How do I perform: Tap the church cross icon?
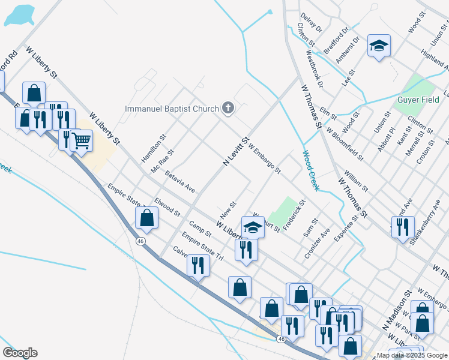click(228, 108)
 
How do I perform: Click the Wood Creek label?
click(310, 170)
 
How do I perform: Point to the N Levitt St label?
click(235, 152)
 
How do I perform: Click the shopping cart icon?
click(81, 141)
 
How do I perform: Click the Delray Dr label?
click(312, 23)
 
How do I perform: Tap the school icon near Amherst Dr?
click(379, 46)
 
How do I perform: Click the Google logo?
click(20, 353)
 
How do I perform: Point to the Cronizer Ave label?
click(317, 243)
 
